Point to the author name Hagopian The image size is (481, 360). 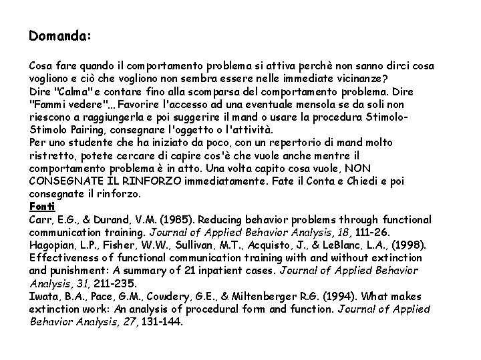pyautogui.click(x=53, y=245)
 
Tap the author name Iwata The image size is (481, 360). pyautogui.click(x=43, y=296)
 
